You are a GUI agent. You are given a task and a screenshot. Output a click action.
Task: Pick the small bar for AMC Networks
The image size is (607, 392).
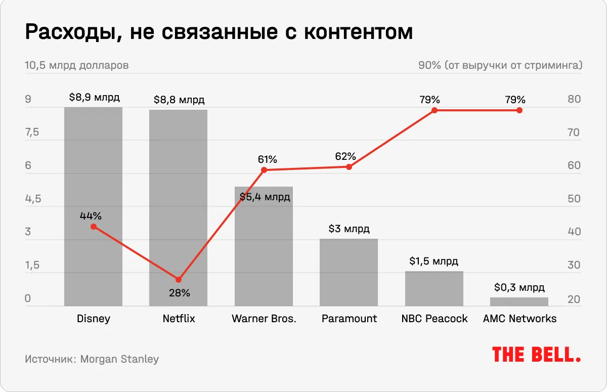[x=519, y=301]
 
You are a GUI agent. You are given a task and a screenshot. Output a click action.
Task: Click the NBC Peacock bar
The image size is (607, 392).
[x=434, y=288]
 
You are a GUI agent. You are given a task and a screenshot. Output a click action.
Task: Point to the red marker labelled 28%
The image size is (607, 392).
[x=178, y=280]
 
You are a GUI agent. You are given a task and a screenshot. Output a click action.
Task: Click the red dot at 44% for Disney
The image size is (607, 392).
[x=93, y=227]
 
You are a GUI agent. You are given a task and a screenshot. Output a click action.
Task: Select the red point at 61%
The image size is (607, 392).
[x=264, y=170]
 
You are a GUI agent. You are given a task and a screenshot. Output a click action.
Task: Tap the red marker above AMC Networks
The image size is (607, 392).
[x=519, y=110]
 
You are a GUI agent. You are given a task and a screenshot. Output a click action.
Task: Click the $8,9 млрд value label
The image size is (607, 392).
[x=95, y=98]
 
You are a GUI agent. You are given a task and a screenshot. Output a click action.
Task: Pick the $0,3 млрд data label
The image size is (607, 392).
[x=519, y=288]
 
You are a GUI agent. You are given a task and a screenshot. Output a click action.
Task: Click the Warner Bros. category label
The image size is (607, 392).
[x=264, y=319]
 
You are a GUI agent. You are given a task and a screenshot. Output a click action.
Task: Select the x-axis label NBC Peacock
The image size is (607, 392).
[x=434, y=319]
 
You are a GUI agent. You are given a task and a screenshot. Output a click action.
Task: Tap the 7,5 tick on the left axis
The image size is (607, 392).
[x=32, y=133]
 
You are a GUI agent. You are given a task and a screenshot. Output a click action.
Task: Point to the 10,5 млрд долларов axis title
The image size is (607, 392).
[x=76, y=66]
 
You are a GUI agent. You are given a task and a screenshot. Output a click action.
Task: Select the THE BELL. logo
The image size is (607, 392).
[x=536, y=355]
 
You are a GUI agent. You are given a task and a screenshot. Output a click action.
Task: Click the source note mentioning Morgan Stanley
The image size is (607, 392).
[x=92, y=360]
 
